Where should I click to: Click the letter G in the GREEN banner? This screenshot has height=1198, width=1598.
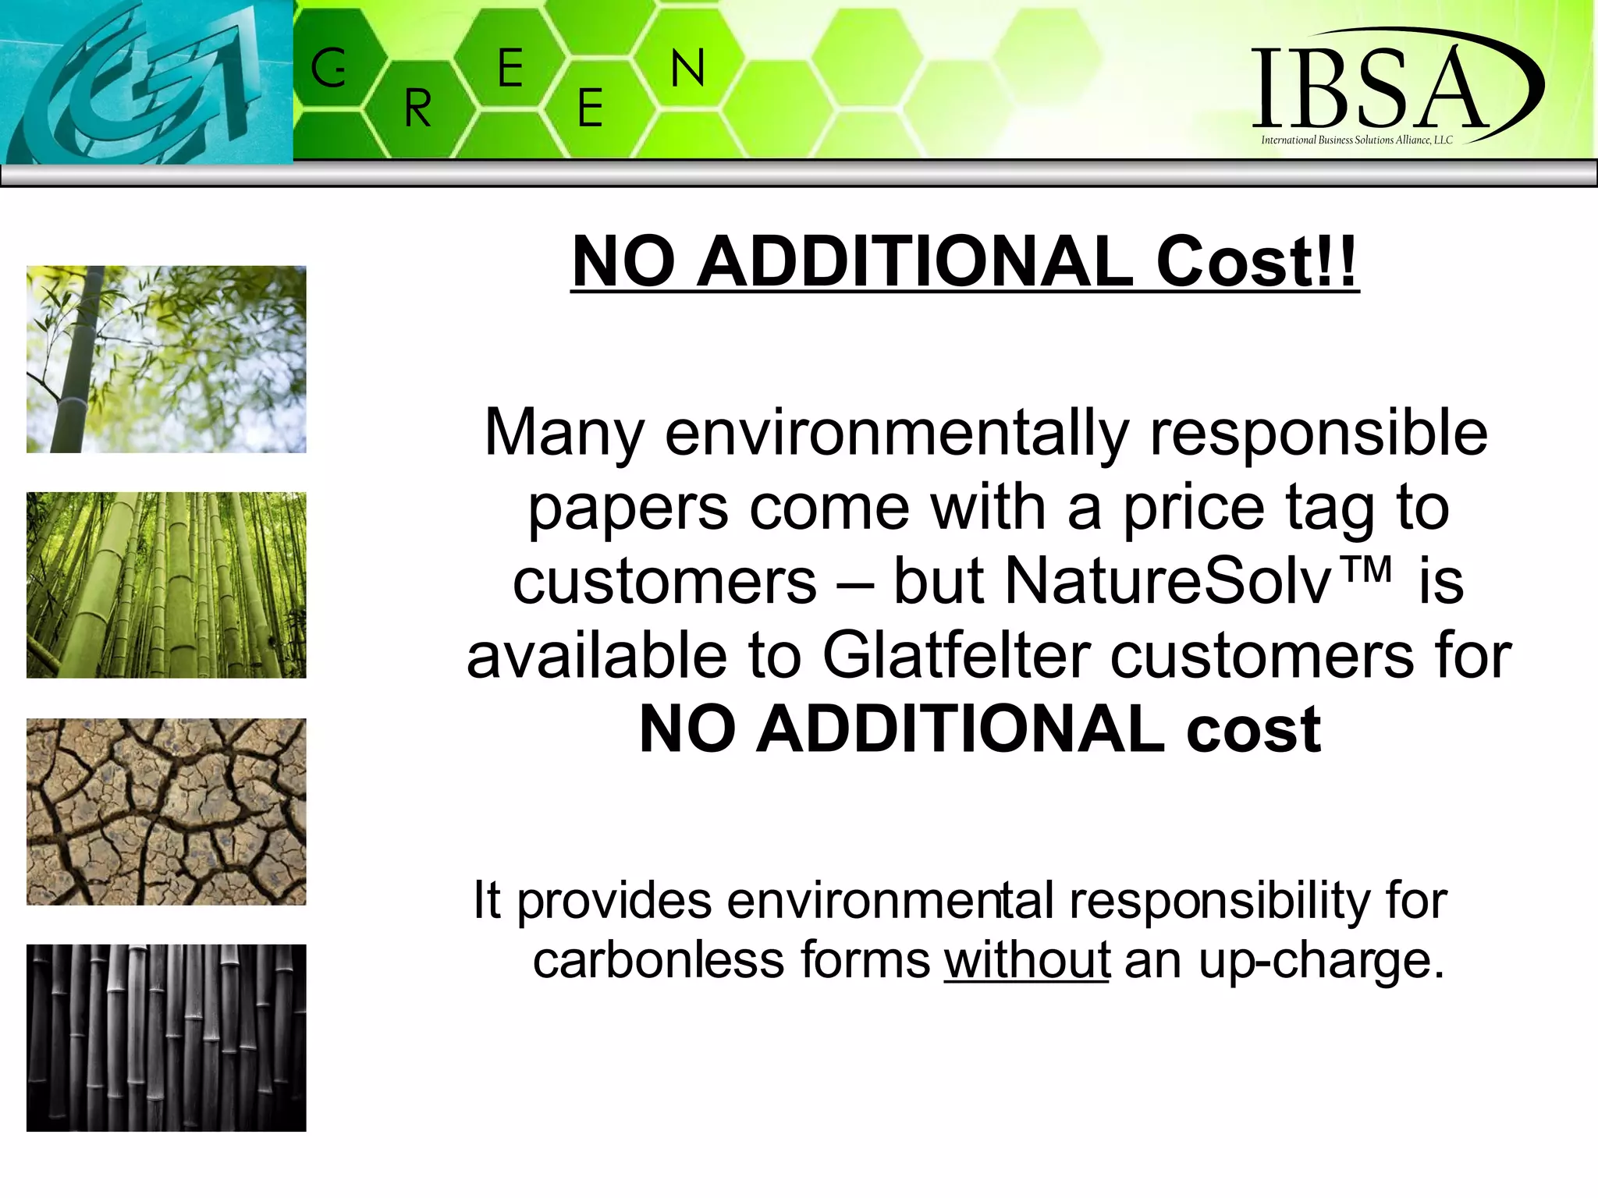tap(328, 69)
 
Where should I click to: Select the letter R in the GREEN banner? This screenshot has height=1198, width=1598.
tap(418, 108)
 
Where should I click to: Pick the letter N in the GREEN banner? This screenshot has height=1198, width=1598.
tap(687, 69)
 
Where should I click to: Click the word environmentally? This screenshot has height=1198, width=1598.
tap(897, 434)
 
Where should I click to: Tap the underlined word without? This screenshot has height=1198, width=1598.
tap(1026, 959)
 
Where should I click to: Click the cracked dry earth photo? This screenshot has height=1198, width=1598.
tap(166, 811)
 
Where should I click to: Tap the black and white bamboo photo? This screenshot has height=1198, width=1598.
tap(166, 1037)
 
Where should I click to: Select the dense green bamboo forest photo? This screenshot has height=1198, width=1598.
tap(166, 585)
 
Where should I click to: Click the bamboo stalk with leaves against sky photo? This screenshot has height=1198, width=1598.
tap(166, 359)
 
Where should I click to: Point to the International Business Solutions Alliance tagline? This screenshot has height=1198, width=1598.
tap(1357, 140)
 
